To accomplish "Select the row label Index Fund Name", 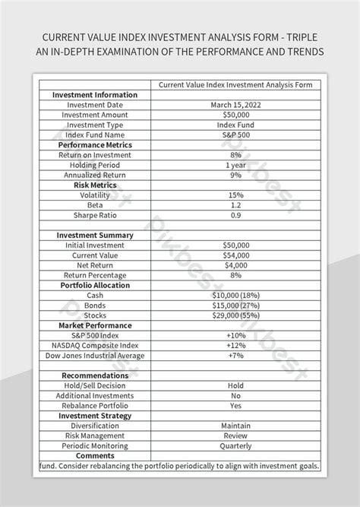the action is (x=95, y=135).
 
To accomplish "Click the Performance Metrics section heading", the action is (x=95, y=144).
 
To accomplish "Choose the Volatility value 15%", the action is (x=235, y=195).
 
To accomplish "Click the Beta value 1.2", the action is (x=235, y=204).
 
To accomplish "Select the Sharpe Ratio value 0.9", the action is (x=235, y=215).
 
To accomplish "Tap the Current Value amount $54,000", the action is (x=236, y=255).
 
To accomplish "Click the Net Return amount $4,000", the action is (x=235, y=265).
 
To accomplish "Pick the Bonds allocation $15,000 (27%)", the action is (x=236, y=305).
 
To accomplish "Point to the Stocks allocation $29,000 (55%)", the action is (x=236, y=315).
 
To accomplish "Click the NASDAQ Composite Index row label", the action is (x=95, y=345).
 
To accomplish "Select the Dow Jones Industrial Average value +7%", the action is (x=235, y=355).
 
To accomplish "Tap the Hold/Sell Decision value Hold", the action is (x=235, y=385).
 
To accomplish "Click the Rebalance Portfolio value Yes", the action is (x=235, y=405).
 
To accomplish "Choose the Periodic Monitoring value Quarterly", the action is (x=235, y=445).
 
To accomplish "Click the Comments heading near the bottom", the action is (x=95, y=455).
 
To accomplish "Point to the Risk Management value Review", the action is (x=235, y=436).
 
